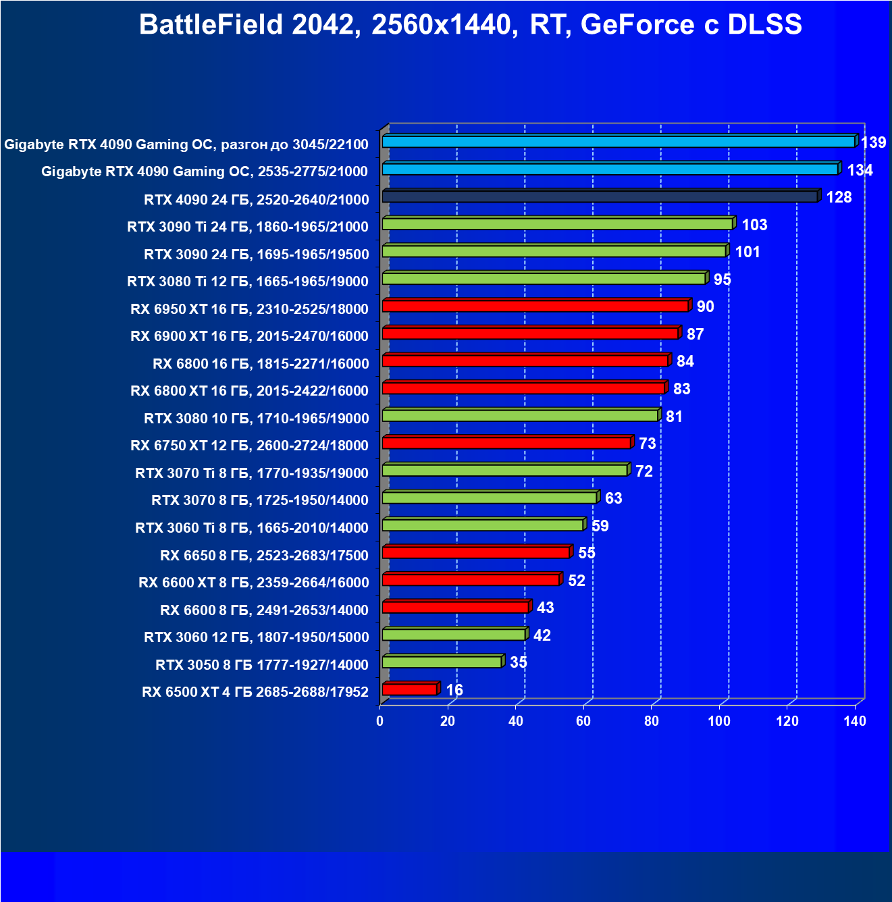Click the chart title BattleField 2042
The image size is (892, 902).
tap(470, 25)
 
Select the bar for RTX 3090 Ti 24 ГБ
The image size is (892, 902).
tap(557, 223)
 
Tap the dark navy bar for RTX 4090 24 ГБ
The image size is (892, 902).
tap(600, 196)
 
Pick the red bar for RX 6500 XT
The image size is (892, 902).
tap(409, 689)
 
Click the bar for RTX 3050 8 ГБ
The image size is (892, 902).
tap(442, 662)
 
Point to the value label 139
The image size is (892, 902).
tap(873, 142)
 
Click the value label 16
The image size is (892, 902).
tap(454, 690)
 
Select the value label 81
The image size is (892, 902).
tap(674, 417)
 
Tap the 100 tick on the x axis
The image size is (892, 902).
tap(719, 721)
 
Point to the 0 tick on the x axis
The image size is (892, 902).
tap(380, 721)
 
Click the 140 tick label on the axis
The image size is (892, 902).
tap(855, 721)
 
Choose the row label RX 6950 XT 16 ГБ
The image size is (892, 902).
tap(249, 309)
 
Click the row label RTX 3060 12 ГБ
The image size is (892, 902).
tap(256, 637)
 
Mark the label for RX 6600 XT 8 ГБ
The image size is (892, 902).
tap(253, 583)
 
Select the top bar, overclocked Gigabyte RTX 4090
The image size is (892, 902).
tap(618, 142)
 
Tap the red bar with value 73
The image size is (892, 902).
tap(506, 443)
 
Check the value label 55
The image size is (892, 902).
tap(587, 553)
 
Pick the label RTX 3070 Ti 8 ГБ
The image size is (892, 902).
tap(251, 473)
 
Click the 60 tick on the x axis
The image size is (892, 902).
tap(583, 721)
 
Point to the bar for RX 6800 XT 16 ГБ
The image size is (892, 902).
tap(523, 388)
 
